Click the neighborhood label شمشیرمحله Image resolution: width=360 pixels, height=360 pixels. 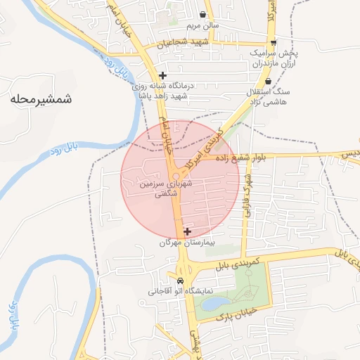point(41,99)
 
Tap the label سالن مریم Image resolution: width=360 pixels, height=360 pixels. point(202,27)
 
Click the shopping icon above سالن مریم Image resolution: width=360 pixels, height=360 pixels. point(203,15)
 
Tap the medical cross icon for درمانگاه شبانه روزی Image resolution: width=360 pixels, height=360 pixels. point(162,75)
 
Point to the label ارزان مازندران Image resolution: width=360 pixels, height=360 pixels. point(269,64)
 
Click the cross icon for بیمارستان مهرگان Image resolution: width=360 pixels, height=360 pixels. point(187,231)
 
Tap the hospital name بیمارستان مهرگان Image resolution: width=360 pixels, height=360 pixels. point(186,243)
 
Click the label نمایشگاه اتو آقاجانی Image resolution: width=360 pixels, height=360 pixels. point(180,290)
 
